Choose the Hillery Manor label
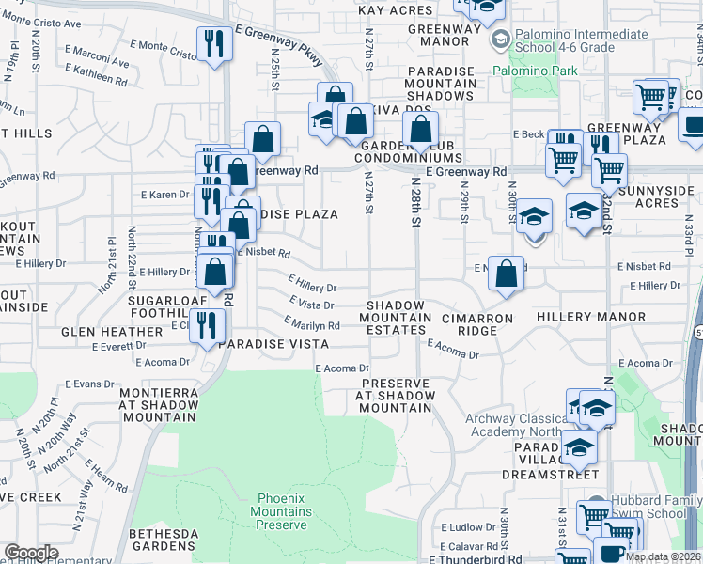point(579,319)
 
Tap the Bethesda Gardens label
point(164,540)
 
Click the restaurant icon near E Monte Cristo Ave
point(215,43)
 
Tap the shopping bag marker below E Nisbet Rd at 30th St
point(506,274)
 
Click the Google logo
point(31,553)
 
